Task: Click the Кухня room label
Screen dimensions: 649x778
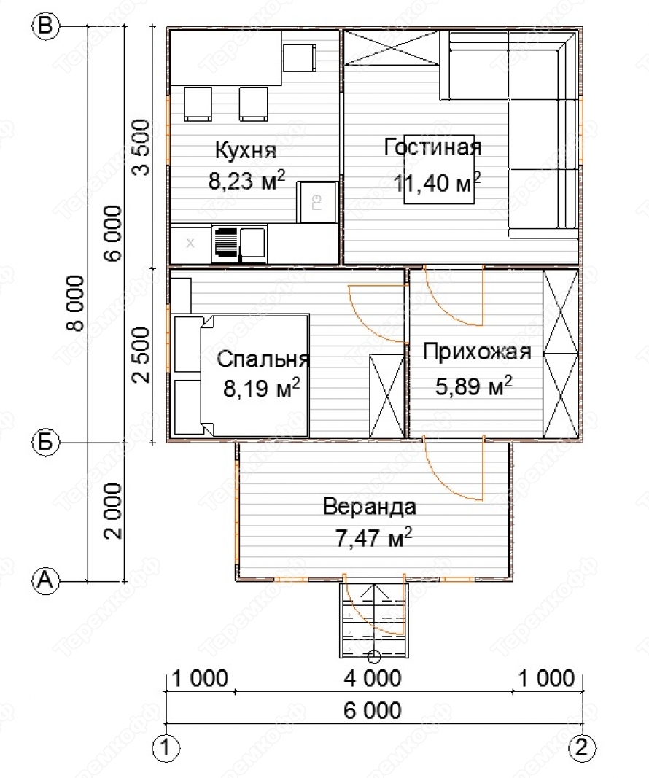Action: coord(246,150)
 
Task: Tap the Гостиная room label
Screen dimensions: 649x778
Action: coord(432,147)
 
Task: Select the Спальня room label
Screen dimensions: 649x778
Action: coord(263,359)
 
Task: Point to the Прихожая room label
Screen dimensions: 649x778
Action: coord(477,351)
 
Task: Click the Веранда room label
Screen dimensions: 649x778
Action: coord(370,507)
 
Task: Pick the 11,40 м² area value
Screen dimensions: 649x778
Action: coord(437,182)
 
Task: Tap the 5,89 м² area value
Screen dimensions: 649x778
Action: coord(474,386)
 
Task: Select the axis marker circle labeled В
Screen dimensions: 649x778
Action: coord(46,26)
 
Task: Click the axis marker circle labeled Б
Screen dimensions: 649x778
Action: coord(46,442)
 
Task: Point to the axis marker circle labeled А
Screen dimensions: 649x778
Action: coord(46,580)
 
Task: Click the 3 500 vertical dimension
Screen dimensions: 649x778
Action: coord(141,147)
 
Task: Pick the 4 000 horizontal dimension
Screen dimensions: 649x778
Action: coord(373,678)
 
